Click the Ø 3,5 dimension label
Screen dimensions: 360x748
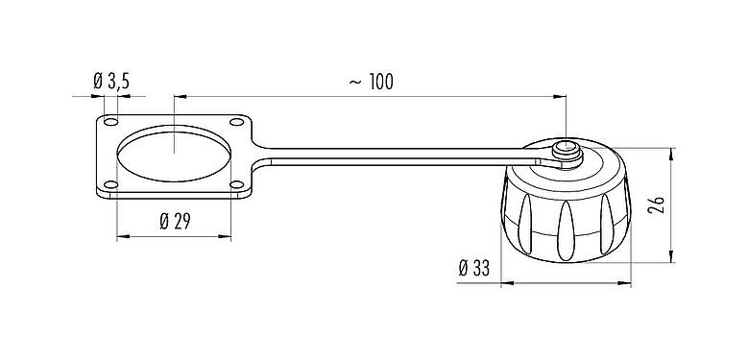coord(112,83)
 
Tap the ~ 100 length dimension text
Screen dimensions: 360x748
coord(370,83)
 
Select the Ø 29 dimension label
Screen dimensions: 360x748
coord(175,222)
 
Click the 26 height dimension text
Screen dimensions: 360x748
coord(656,205)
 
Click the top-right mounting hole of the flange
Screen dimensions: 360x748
coord(236,123)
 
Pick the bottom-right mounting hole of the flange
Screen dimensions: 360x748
coord(236,184)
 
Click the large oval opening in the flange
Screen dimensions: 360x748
coord(174,154)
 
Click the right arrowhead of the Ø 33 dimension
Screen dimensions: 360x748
coord(630,283)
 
